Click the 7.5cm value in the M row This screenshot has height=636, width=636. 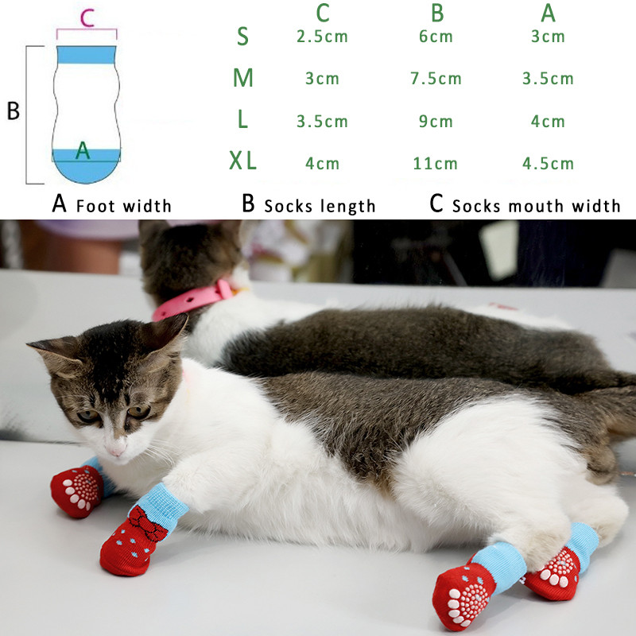click(436, 78)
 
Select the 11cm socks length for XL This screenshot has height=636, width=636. click(435, 164)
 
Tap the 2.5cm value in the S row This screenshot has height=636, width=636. click(322, 37)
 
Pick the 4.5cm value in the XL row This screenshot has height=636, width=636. click(548, 164)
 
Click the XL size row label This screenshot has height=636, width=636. click(242, 161)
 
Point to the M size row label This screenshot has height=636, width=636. click(243, 77)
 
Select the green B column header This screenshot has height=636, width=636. click(437, 13)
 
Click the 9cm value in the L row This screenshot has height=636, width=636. click(436, 122)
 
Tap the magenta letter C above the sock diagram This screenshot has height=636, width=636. click(87, 17)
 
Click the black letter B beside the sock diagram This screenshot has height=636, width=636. click(13, 111)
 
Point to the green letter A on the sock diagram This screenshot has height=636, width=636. click(83, 150)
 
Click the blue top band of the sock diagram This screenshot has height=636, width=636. click(87, 55)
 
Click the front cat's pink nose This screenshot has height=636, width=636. click(116, 450)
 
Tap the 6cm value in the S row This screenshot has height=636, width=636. click(436, 37)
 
